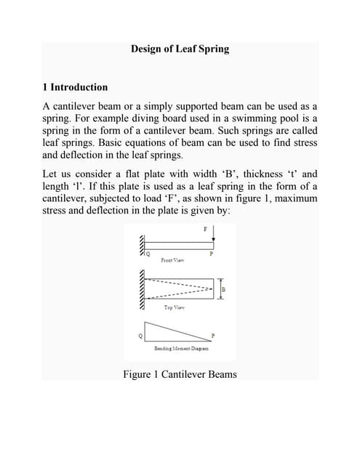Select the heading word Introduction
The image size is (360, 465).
(x=79, y=86)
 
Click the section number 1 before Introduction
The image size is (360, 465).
(x=45, y=86)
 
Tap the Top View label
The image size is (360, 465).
(x=173, y=307)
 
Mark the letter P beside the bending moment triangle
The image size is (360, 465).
(x=213, y=335)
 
